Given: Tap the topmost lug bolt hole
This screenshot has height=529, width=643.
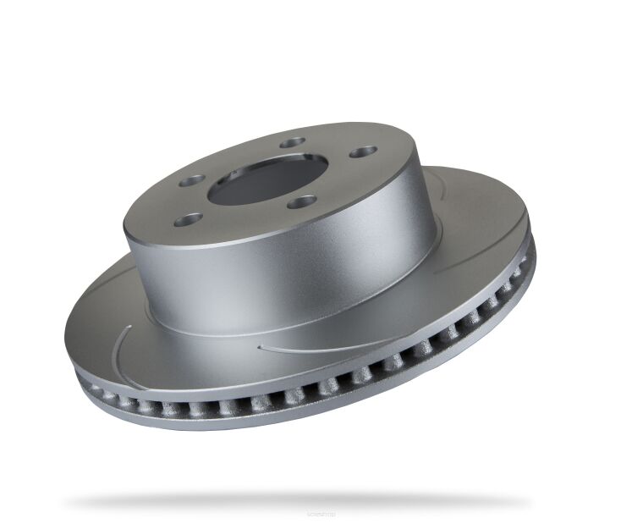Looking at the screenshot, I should click(293, 143).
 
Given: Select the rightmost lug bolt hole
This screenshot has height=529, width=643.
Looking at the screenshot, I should click(363, 152).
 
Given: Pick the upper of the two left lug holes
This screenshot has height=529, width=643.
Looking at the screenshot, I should click(194, 179).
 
